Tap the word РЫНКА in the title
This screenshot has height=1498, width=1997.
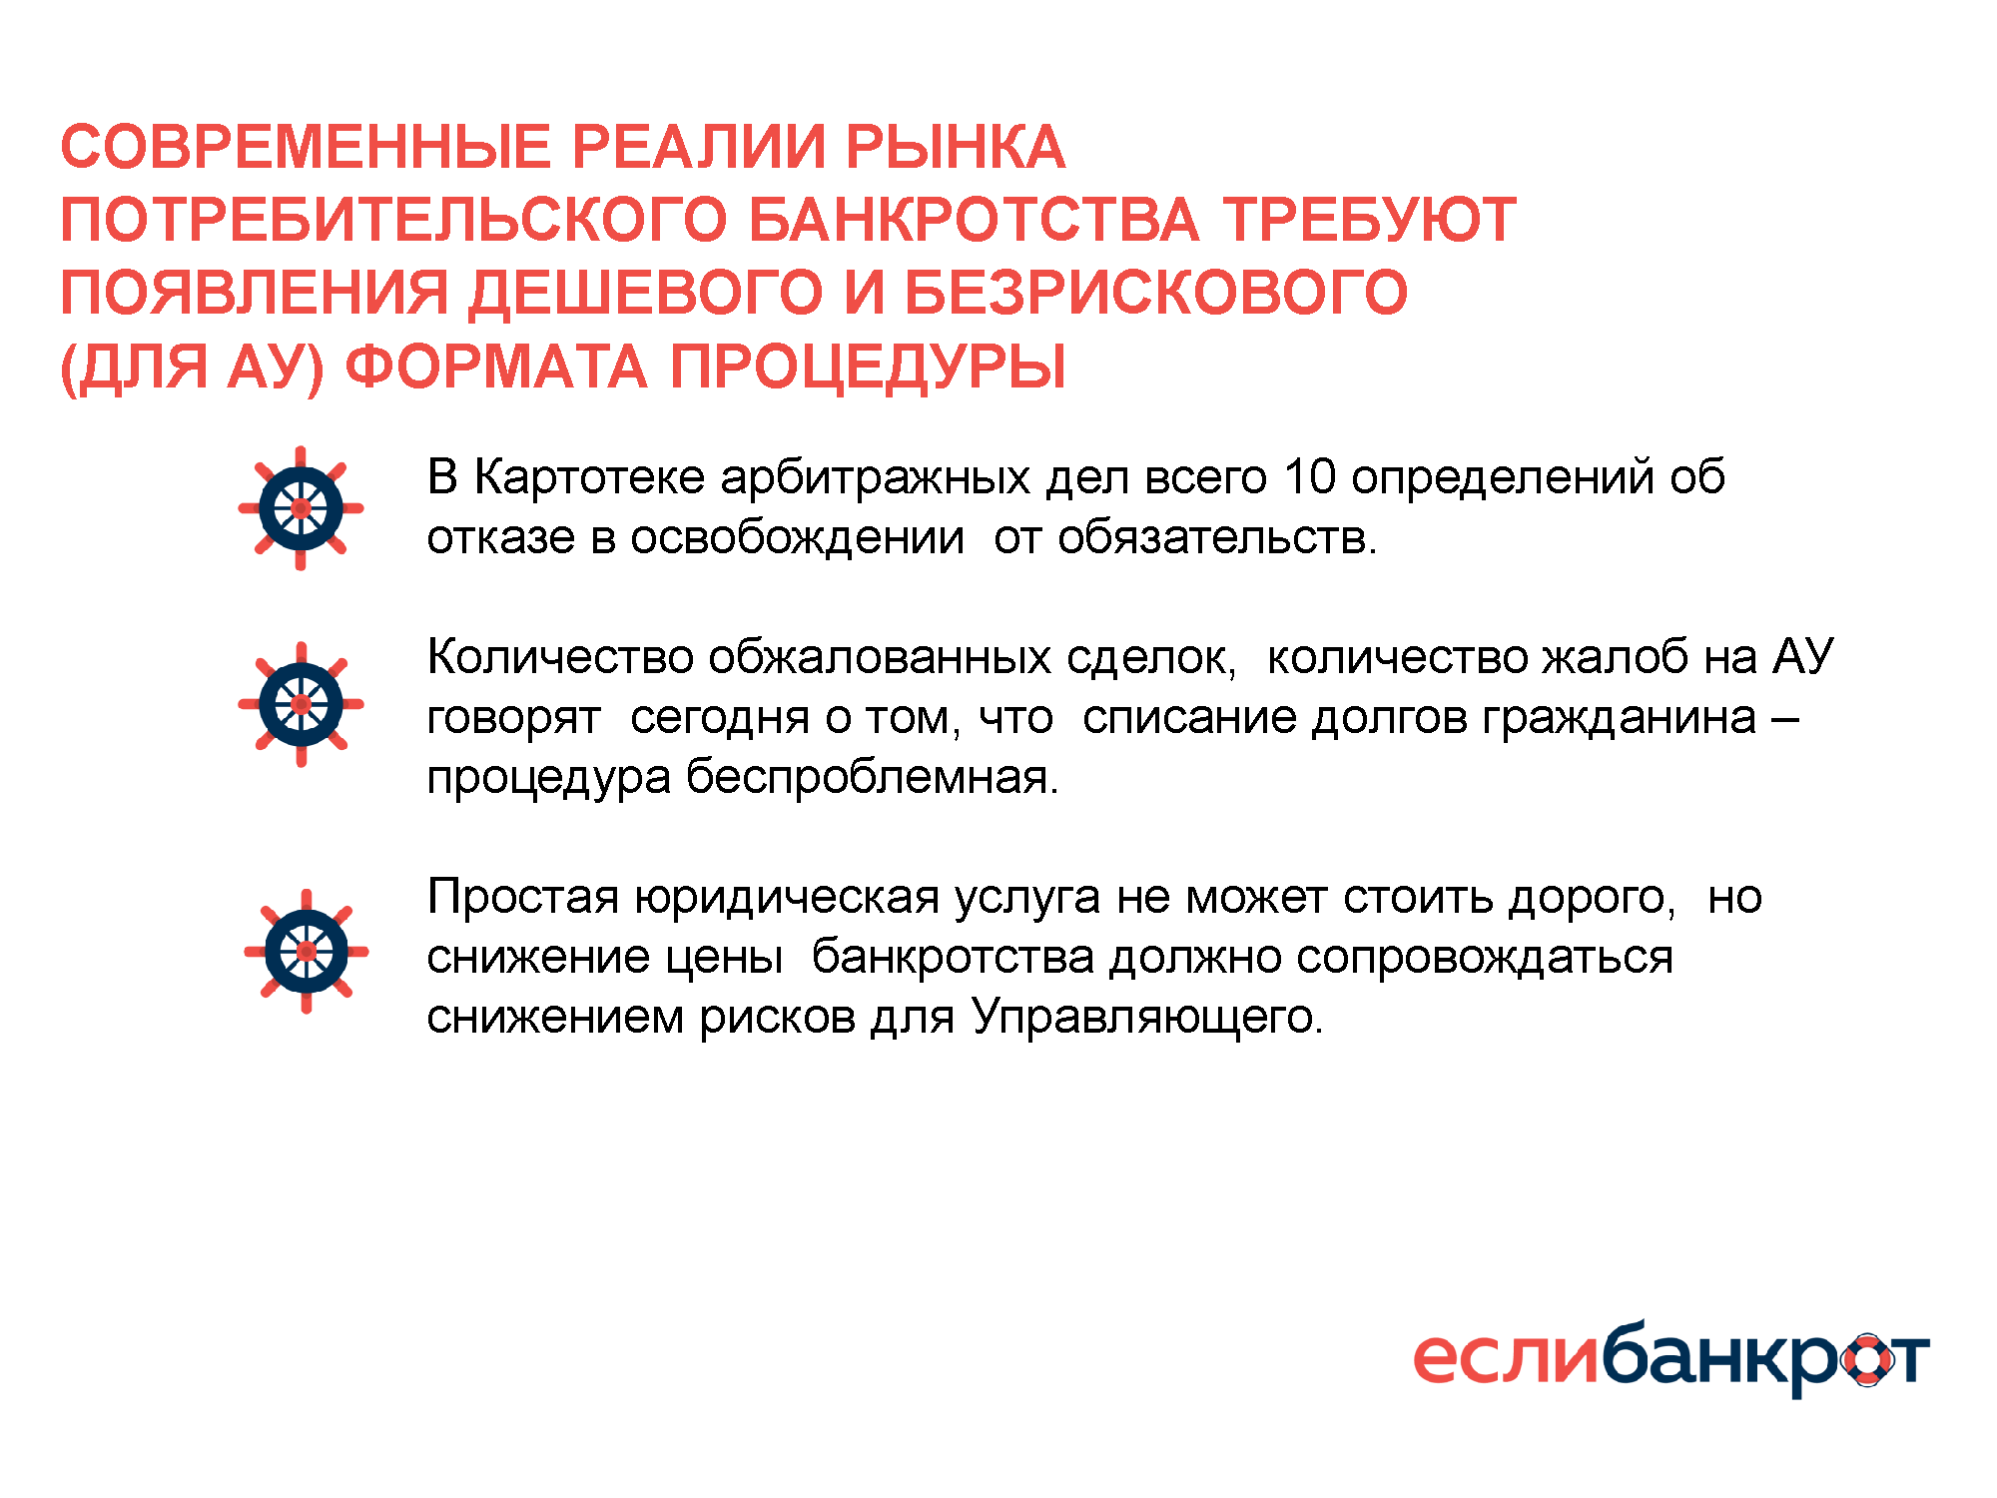pos(956,147)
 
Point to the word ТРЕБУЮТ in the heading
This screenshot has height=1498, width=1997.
pos(1370,220)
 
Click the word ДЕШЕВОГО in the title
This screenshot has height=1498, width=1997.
pos(646,294)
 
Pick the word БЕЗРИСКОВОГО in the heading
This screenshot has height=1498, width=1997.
pos(1156,293)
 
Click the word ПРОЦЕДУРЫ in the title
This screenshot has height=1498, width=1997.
pos(868,368)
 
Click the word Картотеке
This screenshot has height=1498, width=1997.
pos(589,478)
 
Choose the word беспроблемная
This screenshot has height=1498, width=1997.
pos(873,777)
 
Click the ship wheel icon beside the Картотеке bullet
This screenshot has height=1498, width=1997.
pos(301,508)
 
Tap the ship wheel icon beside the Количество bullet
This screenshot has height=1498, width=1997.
pos(301,704)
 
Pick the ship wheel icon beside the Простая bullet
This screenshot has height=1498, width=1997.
pos(307,952)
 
